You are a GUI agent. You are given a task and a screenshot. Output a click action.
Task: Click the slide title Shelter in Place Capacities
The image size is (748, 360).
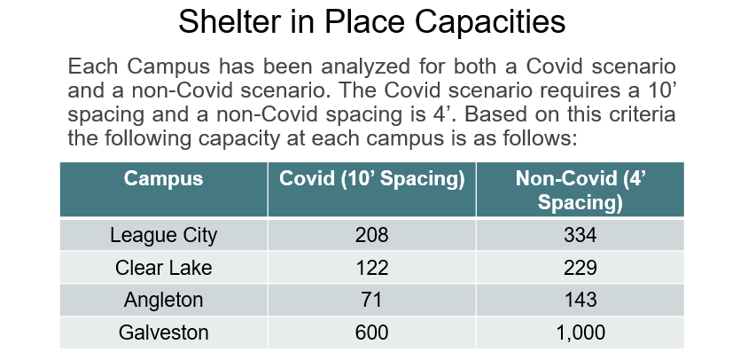point(371,21)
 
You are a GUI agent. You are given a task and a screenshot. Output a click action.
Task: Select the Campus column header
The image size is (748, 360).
point(164,178)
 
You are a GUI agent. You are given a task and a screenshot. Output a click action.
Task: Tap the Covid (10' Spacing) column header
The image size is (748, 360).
point(371,178)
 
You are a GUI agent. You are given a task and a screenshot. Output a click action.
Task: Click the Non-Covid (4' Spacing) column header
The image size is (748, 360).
point(580,190)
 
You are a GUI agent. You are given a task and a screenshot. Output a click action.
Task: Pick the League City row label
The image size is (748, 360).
point(164,235)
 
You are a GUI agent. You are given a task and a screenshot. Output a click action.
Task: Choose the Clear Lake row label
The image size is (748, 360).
point(164,268)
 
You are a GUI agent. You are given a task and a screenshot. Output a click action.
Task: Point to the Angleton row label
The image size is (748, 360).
point(164,301)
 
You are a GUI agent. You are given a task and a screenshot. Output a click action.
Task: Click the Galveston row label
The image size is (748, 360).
point(164,333)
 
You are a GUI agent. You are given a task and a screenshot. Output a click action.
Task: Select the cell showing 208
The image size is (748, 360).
point(371,235)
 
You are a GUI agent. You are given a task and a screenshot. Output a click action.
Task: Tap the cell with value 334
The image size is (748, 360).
point(580,235)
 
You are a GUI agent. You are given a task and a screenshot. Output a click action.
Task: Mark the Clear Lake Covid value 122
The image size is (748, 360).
point(371,268)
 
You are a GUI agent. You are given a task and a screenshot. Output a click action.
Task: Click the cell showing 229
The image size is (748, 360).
point(580,268)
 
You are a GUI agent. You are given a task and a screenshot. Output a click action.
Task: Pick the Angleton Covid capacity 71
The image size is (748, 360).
point(371,300)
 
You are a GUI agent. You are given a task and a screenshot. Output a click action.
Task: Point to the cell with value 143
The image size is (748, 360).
point(580,300)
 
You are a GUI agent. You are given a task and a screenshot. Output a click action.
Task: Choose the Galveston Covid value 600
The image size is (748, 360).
point(371,333)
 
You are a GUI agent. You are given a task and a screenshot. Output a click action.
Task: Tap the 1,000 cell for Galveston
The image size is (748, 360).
point(580,333)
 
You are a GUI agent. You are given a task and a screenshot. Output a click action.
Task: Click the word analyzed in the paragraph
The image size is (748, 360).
point(365,67)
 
